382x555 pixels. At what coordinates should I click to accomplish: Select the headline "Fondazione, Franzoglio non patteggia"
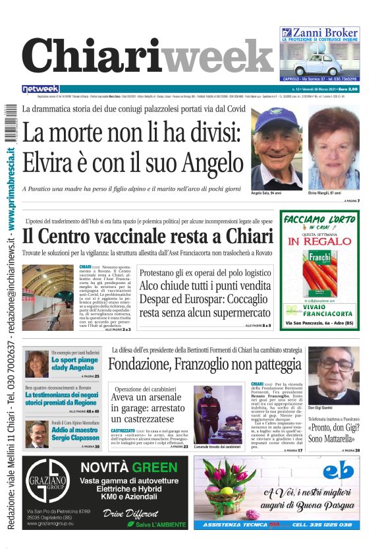pos(205,364)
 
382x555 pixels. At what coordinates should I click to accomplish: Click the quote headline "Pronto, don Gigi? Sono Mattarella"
pos(333,434)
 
